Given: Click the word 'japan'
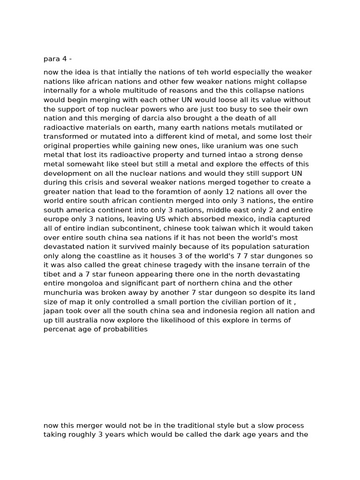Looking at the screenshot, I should click(x=54, y=311).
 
